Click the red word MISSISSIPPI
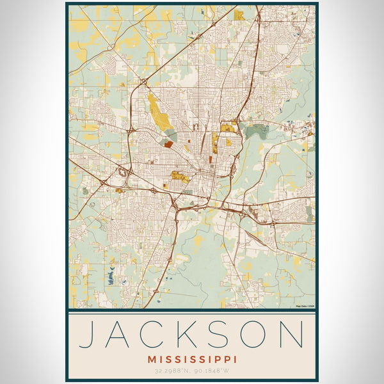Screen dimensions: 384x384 tap(192, 360)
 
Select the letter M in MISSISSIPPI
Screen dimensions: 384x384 tap(151, 360)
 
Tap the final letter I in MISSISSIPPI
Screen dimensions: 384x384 tap(235, 360)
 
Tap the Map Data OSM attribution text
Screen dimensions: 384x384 tap(305, 307)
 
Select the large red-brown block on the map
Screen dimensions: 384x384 tap(168, 145)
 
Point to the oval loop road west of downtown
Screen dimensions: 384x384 tap(121, 172)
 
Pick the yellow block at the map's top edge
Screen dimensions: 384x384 tap(239, 14)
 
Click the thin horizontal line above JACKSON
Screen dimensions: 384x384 tap(192, 314)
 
